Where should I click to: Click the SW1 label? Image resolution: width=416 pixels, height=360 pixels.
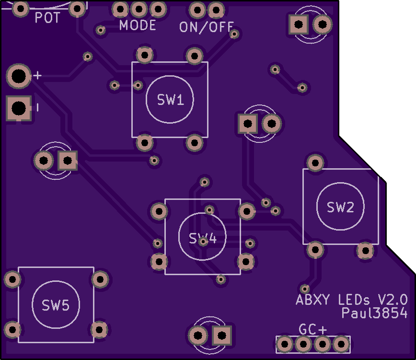click(170, 100)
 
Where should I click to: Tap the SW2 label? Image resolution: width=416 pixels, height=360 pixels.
click(340, 207)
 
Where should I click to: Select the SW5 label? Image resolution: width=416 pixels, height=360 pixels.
click(56, 305)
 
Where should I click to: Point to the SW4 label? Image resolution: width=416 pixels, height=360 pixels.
click(203, 239)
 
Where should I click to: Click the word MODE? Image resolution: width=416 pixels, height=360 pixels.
click(138, 25)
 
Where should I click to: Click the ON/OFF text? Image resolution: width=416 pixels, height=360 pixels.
click(207, 27)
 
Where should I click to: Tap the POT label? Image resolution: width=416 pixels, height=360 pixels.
click(47, 18)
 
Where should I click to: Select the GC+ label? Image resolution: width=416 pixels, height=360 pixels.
click(312, 329)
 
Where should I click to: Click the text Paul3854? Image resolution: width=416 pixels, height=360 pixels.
click(374, 313)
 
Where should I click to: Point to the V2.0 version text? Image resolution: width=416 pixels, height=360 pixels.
click(393, 300)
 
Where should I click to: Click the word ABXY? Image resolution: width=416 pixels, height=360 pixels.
click(313, 300)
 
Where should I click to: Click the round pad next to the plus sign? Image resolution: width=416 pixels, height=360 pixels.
click(19, 76)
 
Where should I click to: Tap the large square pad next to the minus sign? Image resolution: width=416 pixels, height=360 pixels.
click(19, 108)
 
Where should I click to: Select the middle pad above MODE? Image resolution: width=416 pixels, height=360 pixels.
click(139, 9)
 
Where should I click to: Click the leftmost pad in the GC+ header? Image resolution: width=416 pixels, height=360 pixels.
click(284, 344)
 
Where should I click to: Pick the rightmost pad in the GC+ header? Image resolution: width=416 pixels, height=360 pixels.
click(341, 344)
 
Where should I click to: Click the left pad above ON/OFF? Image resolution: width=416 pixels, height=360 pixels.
click(197, 10)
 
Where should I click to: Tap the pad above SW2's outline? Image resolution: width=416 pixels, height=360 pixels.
click(315, 163)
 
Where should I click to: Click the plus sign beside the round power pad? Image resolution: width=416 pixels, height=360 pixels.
click(38, 76)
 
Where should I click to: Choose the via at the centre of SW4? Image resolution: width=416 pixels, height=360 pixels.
click(204, 242)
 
